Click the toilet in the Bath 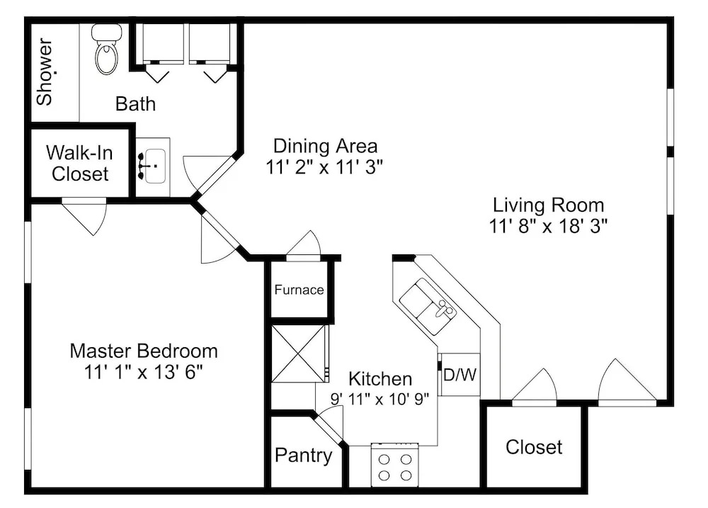point(107,50)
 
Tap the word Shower point(45,72)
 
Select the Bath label point(135,104)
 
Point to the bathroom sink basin point(155,166)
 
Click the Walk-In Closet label point(79,163)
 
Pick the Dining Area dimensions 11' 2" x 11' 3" point(324,168)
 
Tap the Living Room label point(548,205)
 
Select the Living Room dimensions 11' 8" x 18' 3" point(548,226)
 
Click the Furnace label point(299,290)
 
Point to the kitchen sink point(428,306)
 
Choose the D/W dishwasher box point(460,374)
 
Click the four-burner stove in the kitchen point(394,465)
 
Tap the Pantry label point(304,456)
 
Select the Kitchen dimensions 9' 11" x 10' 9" point(379,399)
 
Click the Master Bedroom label point(144,351)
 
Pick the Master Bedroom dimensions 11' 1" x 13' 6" point(144,373)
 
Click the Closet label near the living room point(534,448)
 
